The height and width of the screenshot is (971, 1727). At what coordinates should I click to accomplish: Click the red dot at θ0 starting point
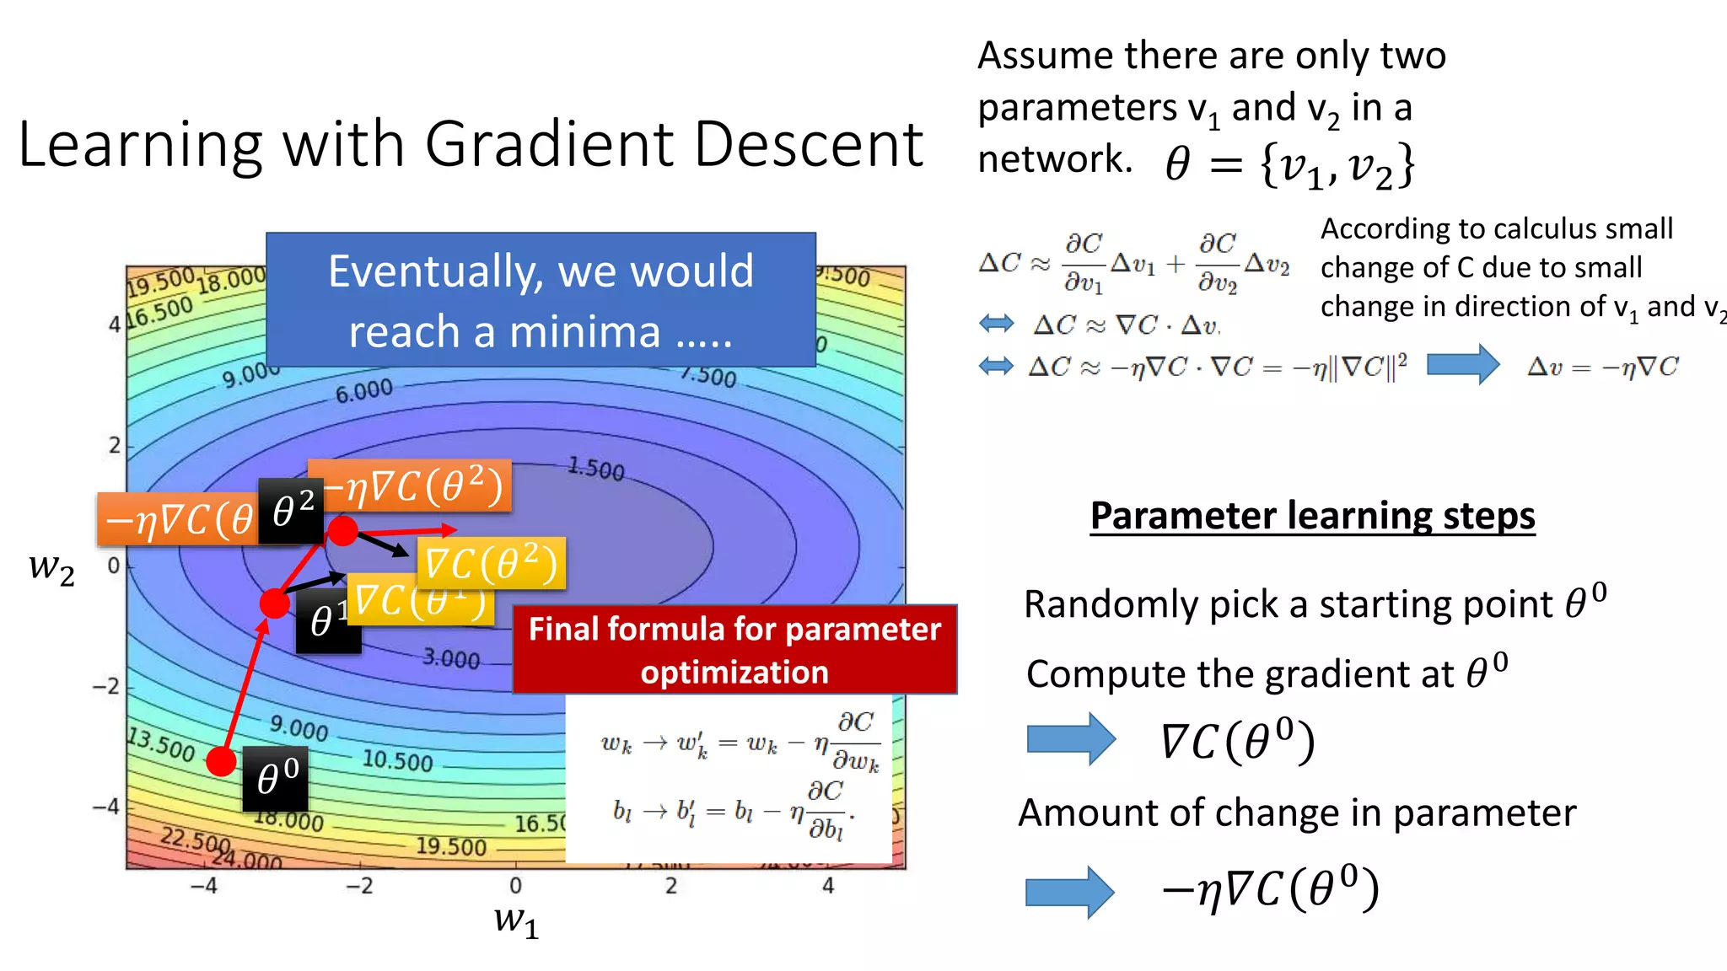point(221,761)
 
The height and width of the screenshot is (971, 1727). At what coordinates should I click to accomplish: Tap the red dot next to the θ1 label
point(274,604)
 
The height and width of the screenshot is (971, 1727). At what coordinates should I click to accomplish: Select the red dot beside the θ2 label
point(342,530)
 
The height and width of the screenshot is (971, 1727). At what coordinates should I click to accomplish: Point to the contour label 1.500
point(595,469)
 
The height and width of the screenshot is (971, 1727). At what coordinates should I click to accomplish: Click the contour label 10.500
point(397,761)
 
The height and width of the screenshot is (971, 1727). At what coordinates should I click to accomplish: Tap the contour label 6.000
point(363,391)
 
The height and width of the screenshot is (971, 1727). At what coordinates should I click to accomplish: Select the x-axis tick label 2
point(670,886)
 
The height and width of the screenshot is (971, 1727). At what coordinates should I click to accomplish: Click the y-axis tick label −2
point(107,687)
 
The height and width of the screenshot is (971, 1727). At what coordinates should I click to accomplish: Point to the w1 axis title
point(516,921)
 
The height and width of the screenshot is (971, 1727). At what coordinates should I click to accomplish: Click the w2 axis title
point(51,568)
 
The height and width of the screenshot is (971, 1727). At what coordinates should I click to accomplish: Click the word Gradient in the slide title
point(548,144)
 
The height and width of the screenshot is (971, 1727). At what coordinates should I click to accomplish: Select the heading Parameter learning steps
point(1312,516)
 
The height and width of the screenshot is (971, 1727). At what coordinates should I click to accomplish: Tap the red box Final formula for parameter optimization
point(734,650)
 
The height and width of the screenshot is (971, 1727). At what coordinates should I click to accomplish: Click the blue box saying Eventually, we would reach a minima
point(541,300)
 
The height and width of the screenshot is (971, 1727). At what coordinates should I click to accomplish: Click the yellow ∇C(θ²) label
point(492,564)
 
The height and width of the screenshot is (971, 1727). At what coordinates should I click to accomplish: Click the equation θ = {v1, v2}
point(1290,165)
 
